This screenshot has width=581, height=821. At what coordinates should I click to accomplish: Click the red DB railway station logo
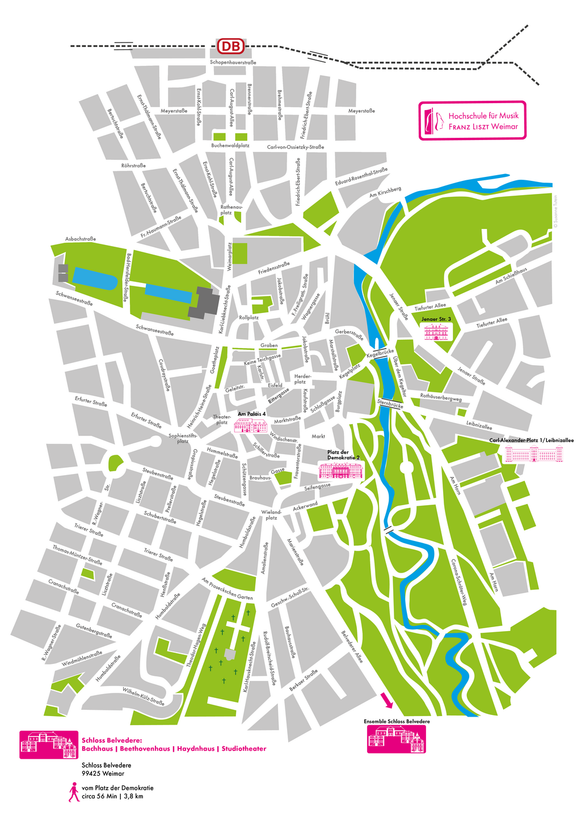point(231,46)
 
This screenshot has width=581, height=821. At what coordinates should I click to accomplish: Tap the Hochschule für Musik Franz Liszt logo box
point(472,120)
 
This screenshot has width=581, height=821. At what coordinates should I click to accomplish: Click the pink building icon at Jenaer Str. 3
point(436,332)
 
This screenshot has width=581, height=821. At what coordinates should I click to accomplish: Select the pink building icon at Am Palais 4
point(251,426)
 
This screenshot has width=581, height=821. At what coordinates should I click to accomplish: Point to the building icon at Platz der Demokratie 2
point(340,471)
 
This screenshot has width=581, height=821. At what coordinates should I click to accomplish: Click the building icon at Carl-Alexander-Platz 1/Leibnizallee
point(533,454)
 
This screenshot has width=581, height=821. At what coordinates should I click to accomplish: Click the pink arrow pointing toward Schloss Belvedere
point(387,701)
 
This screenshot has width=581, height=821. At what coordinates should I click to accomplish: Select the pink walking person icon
point(74,792)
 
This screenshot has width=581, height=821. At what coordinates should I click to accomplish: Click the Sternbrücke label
point(390,405)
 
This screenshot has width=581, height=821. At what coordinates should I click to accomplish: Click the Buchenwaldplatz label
point(230,146)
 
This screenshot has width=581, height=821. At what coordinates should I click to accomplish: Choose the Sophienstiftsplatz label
point(183,438)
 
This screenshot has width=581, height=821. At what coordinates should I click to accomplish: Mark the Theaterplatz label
point(222,420)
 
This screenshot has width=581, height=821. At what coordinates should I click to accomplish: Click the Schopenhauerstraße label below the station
point(233,62)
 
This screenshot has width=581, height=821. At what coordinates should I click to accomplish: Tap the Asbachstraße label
point(81,239)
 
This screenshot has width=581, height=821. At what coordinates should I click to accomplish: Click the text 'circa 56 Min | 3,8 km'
point(112,796)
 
